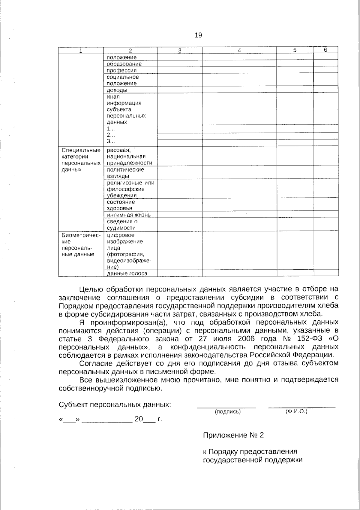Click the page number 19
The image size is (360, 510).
tap(198, 35)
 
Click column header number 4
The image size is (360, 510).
tap(239, 50)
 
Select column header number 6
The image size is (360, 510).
tap(325, 50)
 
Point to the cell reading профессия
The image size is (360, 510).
tap(121, 70)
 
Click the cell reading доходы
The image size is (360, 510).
tap(117, 90)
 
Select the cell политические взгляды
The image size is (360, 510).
tap(125, 173)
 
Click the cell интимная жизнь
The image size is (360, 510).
tap(129, 215)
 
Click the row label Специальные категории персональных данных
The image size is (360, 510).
tap(81, 160)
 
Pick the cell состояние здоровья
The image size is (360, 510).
tap(121, 205)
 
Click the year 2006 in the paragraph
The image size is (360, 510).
tap(246, 339)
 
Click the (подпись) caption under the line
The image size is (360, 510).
tap(228, 412)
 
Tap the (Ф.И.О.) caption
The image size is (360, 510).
tap(297, 411)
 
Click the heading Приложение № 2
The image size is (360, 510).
tap(233, 435)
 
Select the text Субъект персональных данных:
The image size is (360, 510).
tap(115, 405)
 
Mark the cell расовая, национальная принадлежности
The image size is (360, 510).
tap(129, 156)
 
